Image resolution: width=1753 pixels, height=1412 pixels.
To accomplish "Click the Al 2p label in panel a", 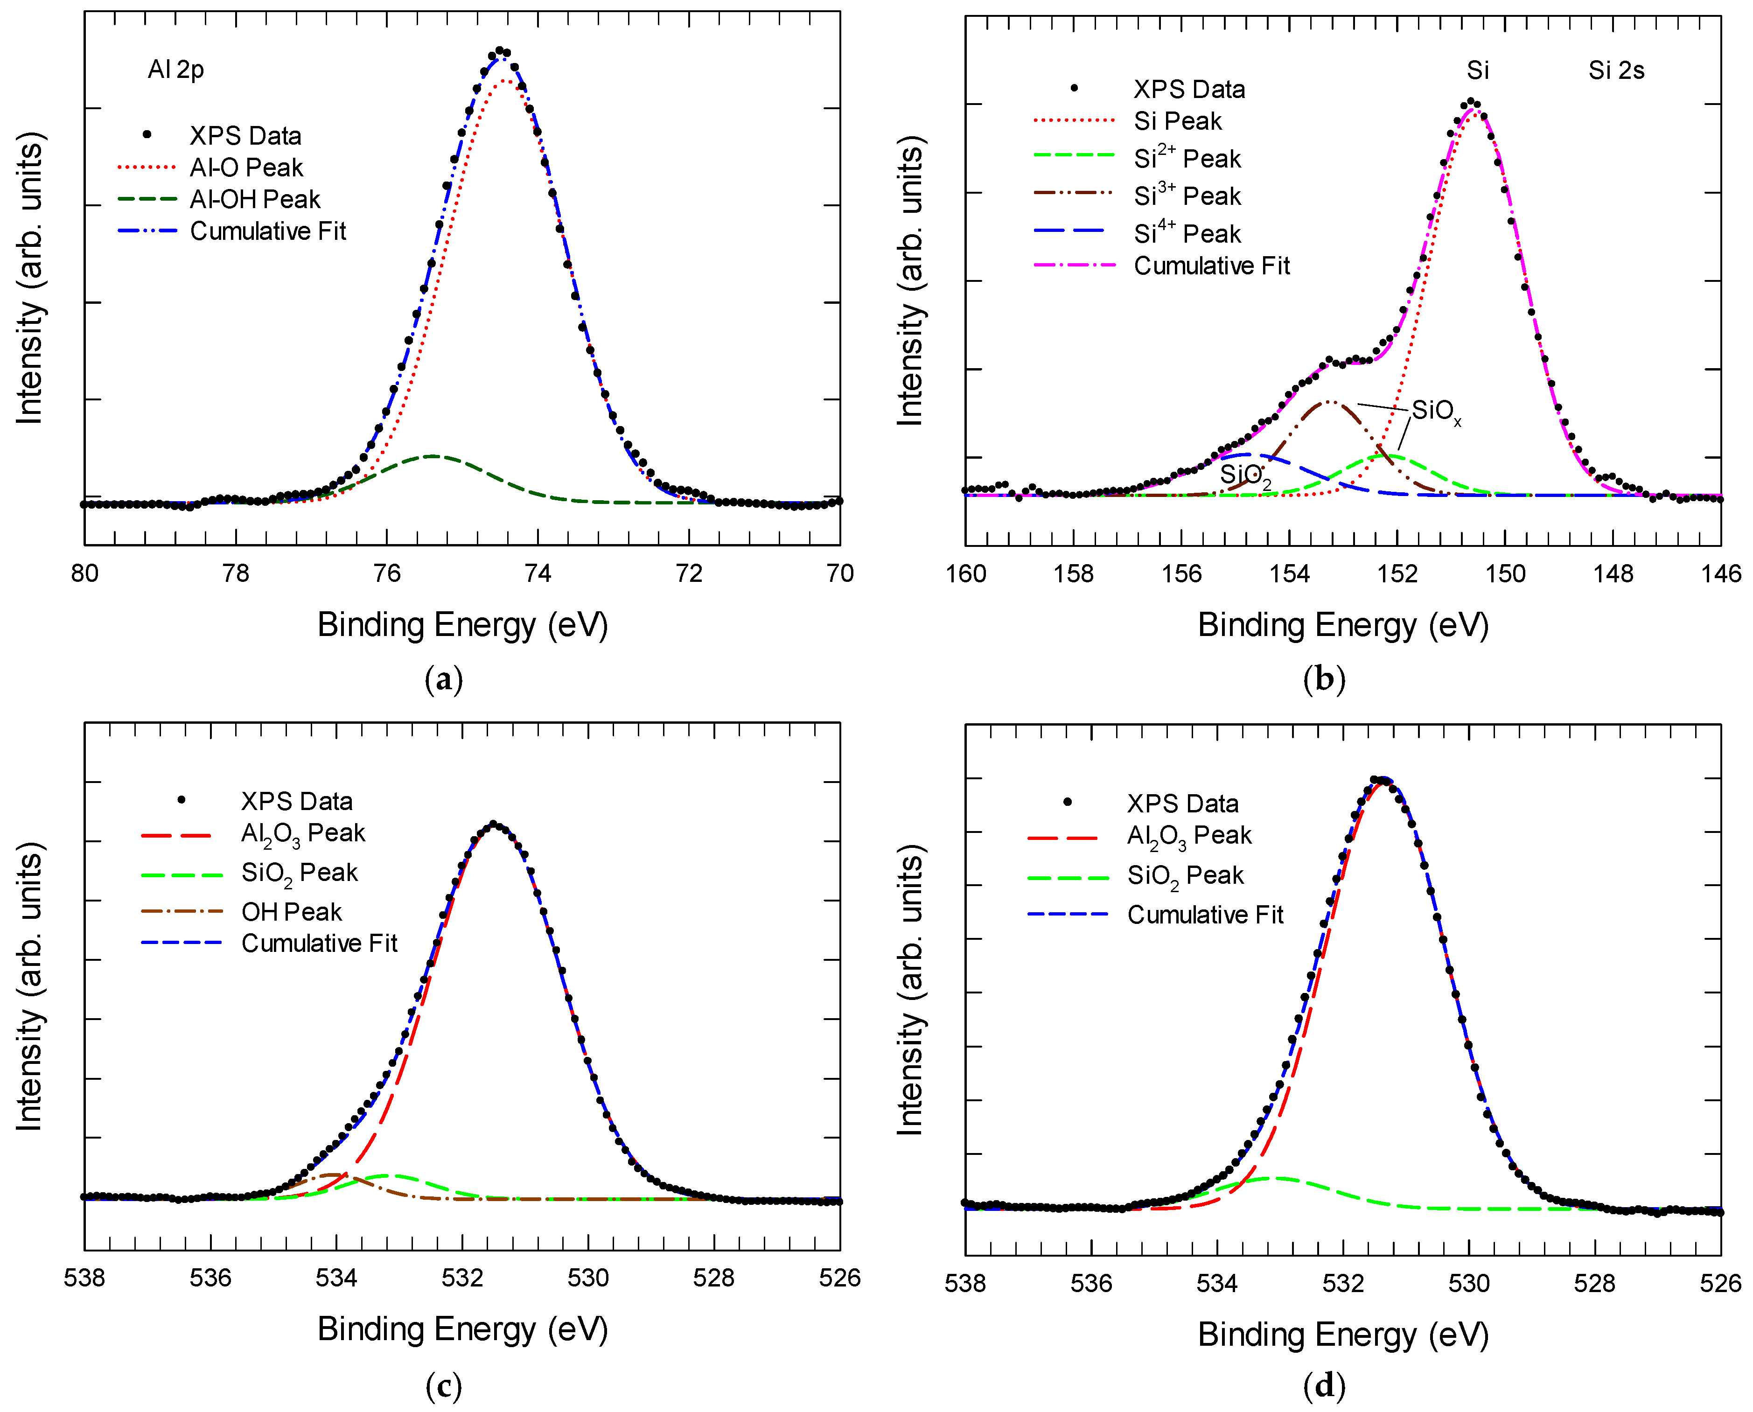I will pos(176,70).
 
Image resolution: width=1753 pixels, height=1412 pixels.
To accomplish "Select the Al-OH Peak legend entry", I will pos(255,199).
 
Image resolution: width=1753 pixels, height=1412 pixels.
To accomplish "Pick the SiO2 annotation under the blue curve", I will pos(1244,475).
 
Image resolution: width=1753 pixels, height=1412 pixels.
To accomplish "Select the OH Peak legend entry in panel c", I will pos(291,912).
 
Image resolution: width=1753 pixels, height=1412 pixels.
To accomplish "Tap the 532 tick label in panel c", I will pos(462,1278).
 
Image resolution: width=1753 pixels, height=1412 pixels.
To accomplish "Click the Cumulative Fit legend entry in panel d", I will pos(1205,915).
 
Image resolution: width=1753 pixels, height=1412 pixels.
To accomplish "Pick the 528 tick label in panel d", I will pos(1594,1284).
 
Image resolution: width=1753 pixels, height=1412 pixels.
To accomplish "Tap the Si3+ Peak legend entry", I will pos(1187,196).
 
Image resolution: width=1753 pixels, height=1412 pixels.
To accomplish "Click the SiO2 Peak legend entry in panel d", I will pos(1185,875).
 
